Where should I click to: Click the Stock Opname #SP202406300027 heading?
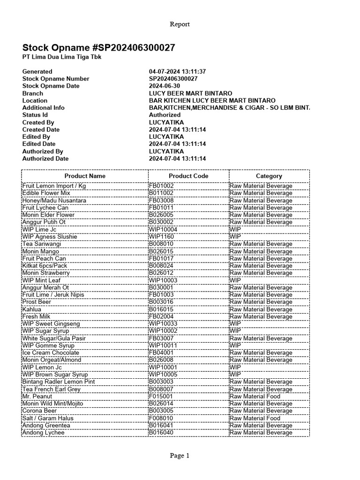tap(99, 48)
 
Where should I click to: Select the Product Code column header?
tap(188, 176)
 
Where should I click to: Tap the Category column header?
tap(269, 176)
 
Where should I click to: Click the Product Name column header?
tap(85, 176)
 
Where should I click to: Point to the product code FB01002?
tap(161, 186)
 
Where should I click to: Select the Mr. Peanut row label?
tap(37, 397)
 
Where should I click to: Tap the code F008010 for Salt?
tap(161, 418)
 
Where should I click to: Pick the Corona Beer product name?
tap(39, 411)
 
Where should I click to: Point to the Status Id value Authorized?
tap(165, 115)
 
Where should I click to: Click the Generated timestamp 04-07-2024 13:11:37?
tap(178, 72)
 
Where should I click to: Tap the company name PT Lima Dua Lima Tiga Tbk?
tap(62, 57)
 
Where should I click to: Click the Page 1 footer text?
tap(180, 456)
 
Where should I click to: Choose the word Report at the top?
tap(180, 24)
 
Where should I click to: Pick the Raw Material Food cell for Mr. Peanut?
tap(255, 397)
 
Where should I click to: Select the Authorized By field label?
tap(43, 151)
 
